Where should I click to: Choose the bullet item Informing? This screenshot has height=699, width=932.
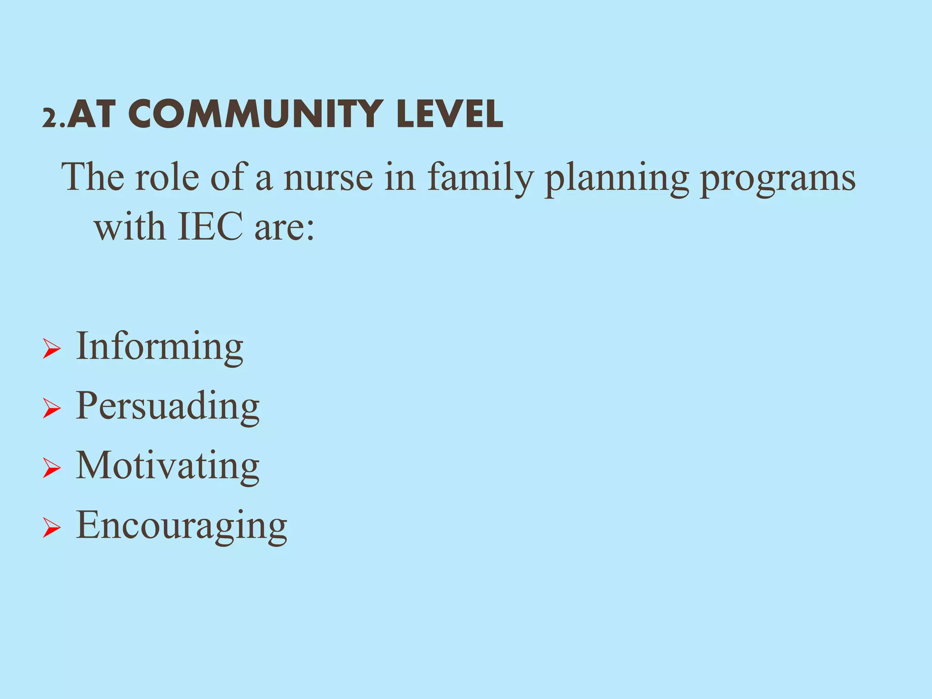click(x=159, y=347)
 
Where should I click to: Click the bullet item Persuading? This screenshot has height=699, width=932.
click(x=167, y=406)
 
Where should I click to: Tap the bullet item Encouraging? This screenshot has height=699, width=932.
click(x=181, y=526)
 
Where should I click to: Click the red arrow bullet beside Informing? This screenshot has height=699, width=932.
click(x=51, y=349)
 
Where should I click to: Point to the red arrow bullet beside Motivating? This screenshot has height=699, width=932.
click(x=51, y=468)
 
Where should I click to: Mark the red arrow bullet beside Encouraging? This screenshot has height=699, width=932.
click(x=51, y=528)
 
